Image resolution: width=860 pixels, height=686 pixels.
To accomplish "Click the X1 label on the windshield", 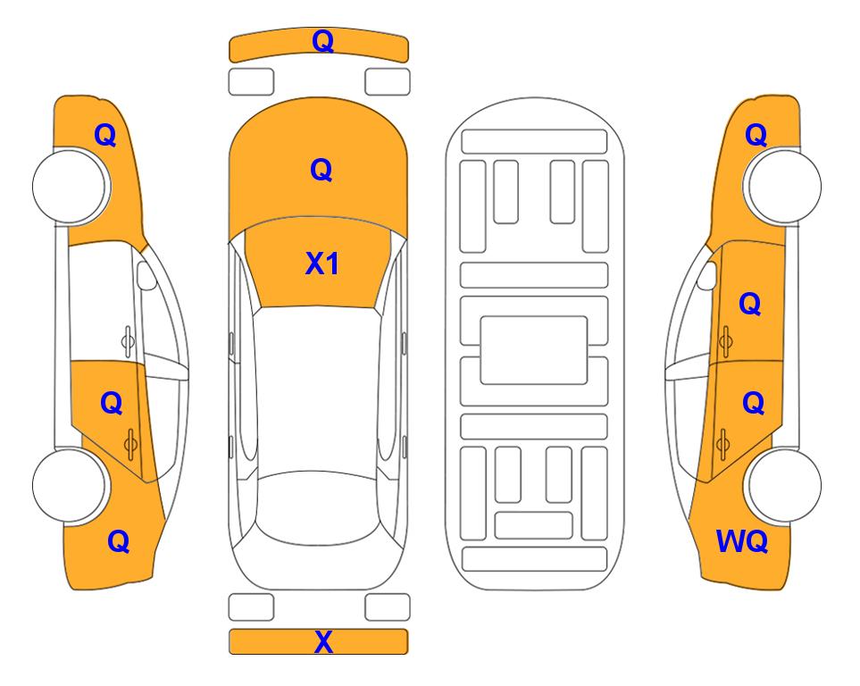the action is click(322, 264).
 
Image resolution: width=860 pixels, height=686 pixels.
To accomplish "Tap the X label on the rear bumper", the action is click(323, 641).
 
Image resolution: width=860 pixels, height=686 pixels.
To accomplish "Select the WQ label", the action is click(742, 541).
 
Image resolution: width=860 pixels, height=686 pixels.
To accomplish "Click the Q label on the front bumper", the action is click(322, 41).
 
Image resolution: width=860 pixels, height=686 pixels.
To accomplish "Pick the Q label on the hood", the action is click(321, 170).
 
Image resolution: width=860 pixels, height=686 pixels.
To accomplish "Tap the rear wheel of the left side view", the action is click(69, 486).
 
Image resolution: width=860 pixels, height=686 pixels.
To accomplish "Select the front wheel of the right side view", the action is click(784, 186).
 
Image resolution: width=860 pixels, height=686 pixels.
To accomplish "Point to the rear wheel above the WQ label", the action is click(784, 486).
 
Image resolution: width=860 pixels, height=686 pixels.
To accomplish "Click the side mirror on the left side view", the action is click(146, 275).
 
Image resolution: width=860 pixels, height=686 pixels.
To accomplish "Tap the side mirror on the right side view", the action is click(707, 275).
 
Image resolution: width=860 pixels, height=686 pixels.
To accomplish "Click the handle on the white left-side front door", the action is click(128, 341).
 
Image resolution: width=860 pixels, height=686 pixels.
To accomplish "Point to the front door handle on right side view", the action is click(725, 341).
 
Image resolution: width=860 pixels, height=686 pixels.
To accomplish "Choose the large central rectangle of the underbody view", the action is click(534, 350).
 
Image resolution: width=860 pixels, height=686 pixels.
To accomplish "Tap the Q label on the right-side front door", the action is click(750, 304).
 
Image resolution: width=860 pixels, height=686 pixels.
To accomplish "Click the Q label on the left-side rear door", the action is click(112, 403).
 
